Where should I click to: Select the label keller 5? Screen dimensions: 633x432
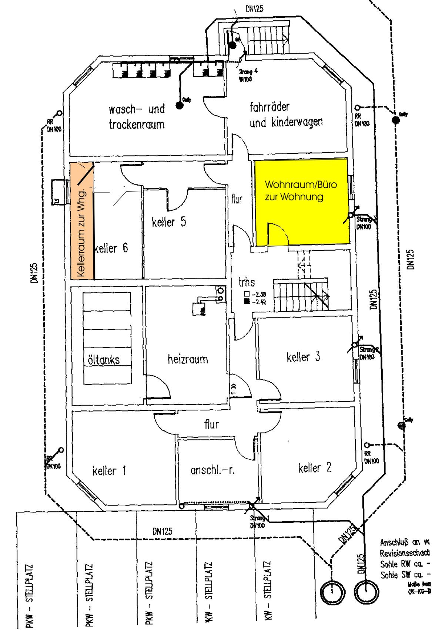(x=169, y=222)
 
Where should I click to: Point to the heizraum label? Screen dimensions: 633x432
(x=188, y=359)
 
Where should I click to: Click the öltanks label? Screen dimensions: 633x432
(x=104, y=360)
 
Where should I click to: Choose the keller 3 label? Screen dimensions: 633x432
(x=303, y=357)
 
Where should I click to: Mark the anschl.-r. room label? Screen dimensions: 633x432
(x=213, y=470)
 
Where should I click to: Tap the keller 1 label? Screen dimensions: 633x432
(x=109, y=471)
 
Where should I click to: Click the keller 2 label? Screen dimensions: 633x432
(x=315, y=468)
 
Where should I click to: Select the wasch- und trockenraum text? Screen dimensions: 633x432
(x=137, y=117)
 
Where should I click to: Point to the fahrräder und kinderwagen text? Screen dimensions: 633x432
(x=286, y=115)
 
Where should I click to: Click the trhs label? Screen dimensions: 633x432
(x=247, y=282)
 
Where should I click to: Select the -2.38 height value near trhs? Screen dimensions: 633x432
(x=258, y=295)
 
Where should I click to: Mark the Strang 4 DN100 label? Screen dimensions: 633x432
(x=245, y=76)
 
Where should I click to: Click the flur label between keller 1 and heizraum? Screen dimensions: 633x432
(x=212, y=424)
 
